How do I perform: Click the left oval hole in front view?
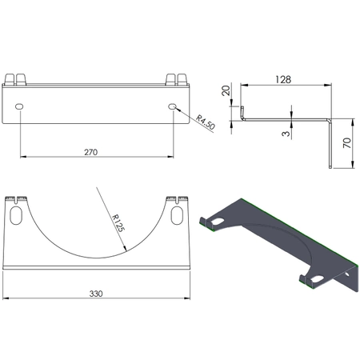19,106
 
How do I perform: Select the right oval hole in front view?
174,106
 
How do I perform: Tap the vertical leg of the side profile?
330,144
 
